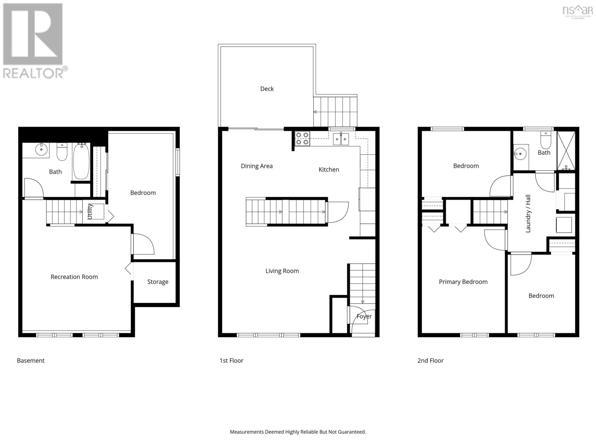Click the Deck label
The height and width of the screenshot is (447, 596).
point(267,89)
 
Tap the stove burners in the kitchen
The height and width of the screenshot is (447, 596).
point(302,139)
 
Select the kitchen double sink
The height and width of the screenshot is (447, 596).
point(340,139)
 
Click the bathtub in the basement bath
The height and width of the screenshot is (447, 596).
point(81,161)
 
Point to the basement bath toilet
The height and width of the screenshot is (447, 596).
point(62,152)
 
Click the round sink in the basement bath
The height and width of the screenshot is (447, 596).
point(41,150)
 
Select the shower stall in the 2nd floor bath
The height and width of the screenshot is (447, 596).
point(566,151)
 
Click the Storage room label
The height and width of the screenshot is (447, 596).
point(158,282)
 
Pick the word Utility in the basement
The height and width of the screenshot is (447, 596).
point(90,211)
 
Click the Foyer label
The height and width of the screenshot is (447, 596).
point(364,317)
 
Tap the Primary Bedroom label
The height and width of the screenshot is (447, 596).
point(463,282)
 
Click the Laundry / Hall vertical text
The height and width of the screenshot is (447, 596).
point(528,213)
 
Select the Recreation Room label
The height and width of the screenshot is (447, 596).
point(74,277)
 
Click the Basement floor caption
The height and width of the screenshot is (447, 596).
point(31,361)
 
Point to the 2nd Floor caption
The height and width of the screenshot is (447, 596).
point(430,361)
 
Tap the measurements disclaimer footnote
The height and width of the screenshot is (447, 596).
point(298,432)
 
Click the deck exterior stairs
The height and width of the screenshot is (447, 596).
point(335,111)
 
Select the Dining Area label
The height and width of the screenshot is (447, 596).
point(257,166)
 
